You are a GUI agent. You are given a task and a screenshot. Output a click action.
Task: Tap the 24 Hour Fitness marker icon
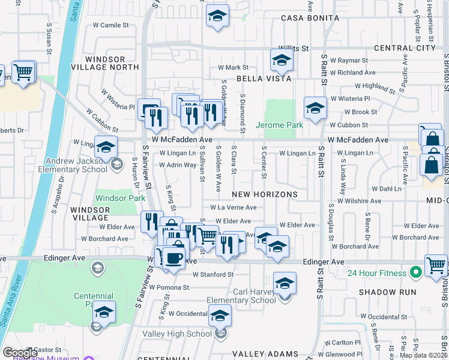[x=415, y=273]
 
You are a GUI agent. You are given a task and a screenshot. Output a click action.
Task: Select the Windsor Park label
[x=119, y=197]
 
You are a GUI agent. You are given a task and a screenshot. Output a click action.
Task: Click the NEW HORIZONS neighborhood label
[x=265, y=194]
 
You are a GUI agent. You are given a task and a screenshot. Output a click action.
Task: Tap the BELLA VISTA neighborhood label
[x=264, y=79]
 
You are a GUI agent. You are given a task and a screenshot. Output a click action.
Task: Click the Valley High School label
[x=183, y=334]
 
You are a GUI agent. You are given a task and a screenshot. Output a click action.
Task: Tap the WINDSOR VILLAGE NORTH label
[x=105, y=63]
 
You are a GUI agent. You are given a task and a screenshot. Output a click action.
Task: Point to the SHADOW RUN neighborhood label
[x=387, y=292]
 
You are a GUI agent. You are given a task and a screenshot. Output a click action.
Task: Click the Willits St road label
[x=297, y=48]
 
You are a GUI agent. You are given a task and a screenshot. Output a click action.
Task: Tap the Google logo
[x=20, y=353]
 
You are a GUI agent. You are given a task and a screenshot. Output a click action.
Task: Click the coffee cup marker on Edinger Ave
[x=173, y=257]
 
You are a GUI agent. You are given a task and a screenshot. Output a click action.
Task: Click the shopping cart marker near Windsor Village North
[x=23, y=72]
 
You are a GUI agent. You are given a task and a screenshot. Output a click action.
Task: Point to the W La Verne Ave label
[x=233, y=208]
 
